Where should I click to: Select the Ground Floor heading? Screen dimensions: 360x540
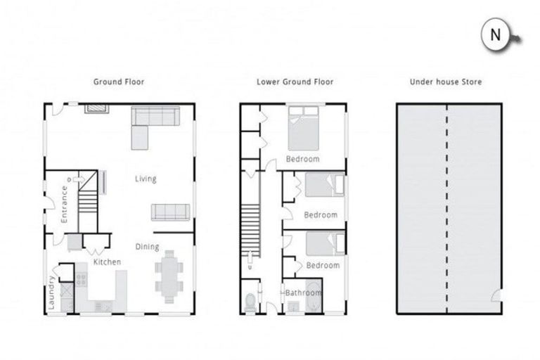[119, 82]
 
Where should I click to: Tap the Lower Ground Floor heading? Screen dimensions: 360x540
[295, 82]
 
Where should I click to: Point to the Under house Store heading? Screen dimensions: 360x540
[446, 82]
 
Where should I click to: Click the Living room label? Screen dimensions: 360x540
[146, 179]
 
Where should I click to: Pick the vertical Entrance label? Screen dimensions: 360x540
[65, 203]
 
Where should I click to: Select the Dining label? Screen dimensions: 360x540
[148, 247]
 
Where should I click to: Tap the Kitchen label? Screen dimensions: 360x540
[108, 262]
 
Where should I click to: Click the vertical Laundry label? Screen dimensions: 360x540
[52, 290]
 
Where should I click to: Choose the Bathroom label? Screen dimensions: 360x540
[303, 292]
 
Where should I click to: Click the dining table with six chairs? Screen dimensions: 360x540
[169, 277]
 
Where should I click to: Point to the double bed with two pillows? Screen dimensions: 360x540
[303, 127]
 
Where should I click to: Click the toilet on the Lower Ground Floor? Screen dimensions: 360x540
[250, 301]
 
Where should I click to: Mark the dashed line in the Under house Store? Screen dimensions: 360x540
[447, 209]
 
